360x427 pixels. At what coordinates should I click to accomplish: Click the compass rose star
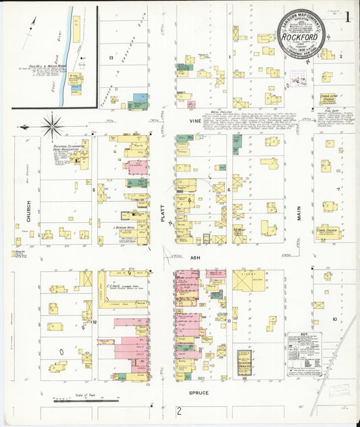pos(52,126)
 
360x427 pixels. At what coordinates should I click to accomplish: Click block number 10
pos(334,318)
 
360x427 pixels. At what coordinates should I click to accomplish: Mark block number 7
pos(336,190)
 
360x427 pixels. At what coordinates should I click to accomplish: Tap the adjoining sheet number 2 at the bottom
pos(180,411)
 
